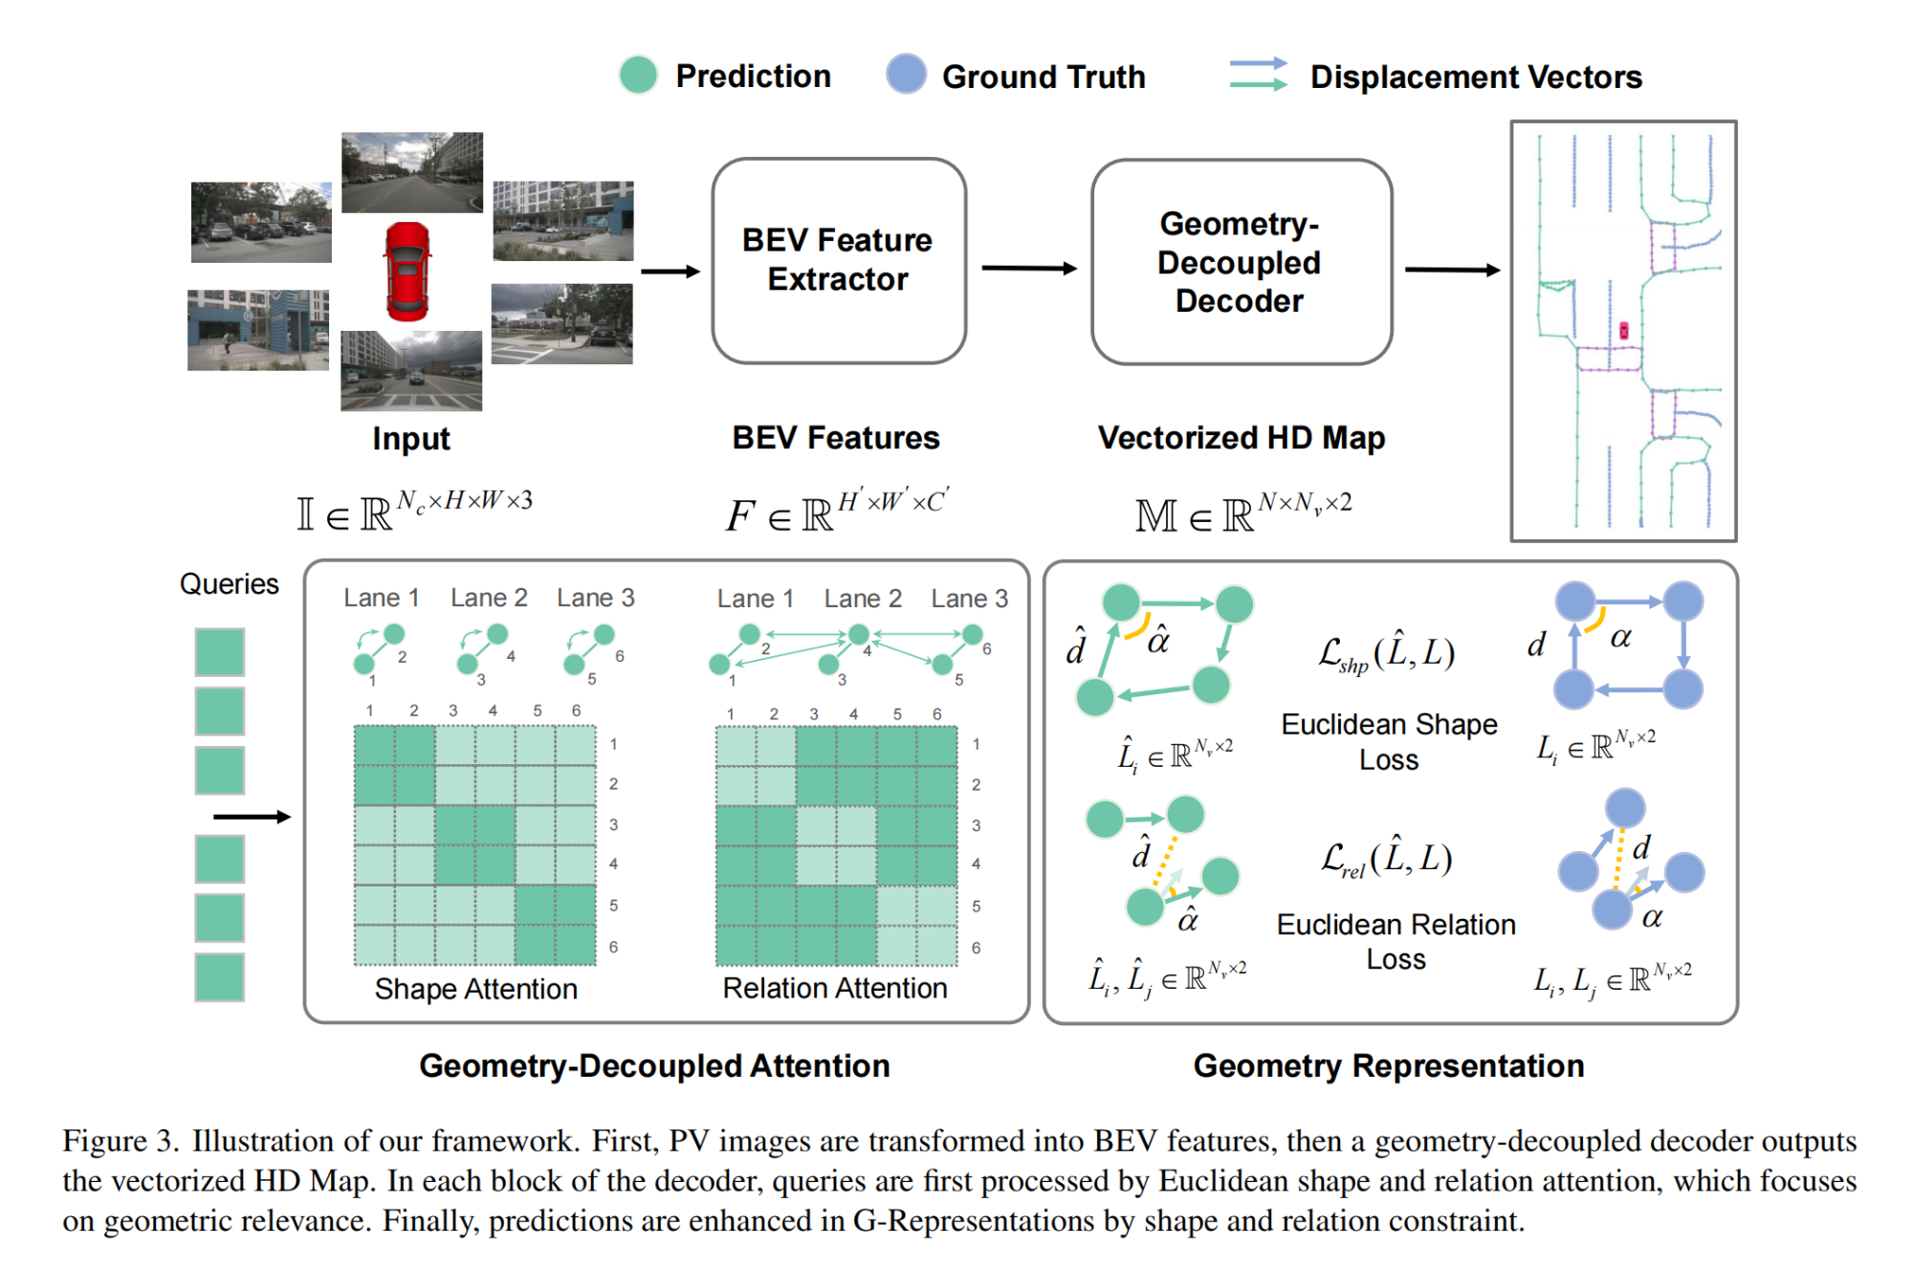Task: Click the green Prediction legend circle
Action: click(x=638, y=75)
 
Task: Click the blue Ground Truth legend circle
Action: click(x=906, y=74)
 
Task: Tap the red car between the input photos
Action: click(x=407, y=272)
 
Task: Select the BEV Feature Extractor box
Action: click(x=839, y=261)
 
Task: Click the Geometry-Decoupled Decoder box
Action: click(x=1241, y=262)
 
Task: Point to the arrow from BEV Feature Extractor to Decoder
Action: click(x=1029, y=269)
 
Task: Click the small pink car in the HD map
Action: click(x=1623, y=331)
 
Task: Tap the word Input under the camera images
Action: click(x=411, y=439)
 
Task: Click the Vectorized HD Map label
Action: click(x=1242, y=438)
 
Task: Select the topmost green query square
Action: click(x=220, y=652)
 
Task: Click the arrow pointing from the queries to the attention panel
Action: click(x=252, y=817)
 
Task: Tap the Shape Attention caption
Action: click(x=476, y=989)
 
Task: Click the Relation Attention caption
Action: click(x=835, y=988)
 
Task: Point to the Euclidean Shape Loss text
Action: click(x=1390, y=742)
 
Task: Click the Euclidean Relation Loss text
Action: click(x=1396, y=942)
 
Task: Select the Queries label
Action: click(x=230, y=584)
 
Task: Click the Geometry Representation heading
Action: click(x=1389, y=1066)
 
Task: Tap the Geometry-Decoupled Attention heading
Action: click(x=654, y=1066)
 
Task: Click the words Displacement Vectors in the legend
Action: click(x=1476, y=77)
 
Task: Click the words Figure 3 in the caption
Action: click(x=121, y=1141)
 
